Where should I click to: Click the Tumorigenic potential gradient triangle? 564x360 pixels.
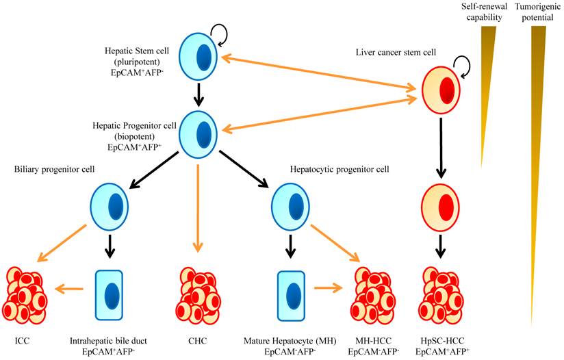(x=539, y=137)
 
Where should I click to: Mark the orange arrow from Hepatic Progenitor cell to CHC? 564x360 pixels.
(x=198, y=205)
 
